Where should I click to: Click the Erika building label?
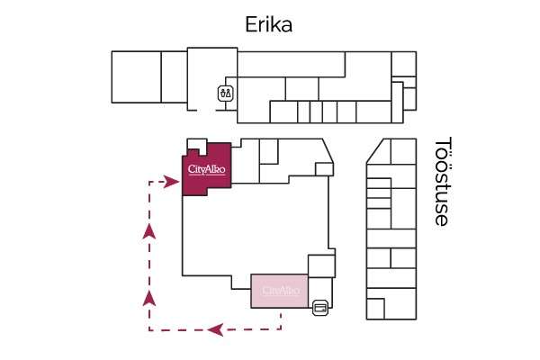pyautogui.click(x=269, y=24)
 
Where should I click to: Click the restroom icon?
pyautogui.click(x=224, y=92)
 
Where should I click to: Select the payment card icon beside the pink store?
pyautogui.click(x=319, y=309)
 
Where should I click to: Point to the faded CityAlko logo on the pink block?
pyautogui.click(x=280, y=291)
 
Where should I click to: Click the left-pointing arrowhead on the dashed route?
pyautogui.click(x=215, y=329)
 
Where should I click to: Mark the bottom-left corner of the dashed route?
pyautogui.click(x=149, y=329)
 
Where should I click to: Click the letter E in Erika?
pyautogui.click(x=252, y=24)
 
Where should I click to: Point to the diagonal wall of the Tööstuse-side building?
pyautogui.click(x=374, y=150)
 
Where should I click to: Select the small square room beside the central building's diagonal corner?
pyautogui.click(x=323, y=169)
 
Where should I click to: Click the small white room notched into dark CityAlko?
pyautogui.click(x=194, y=147)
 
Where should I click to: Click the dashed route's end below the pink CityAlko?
pyautogui.click(x=282, y=315)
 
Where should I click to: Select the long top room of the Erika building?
pyautogui.click(x=291, y=64)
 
